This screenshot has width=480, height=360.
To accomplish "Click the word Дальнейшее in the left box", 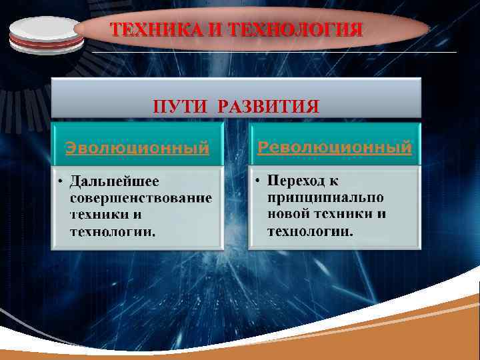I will click(115, 181).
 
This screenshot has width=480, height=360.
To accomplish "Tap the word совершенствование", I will click(141, 198).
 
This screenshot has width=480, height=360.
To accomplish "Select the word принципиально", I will click(325, 198).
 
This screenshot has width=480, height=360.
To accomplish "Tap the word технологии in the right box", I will click(310, 231).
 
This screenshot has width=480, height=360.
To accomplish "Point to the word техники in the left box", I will click(100, 215).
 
